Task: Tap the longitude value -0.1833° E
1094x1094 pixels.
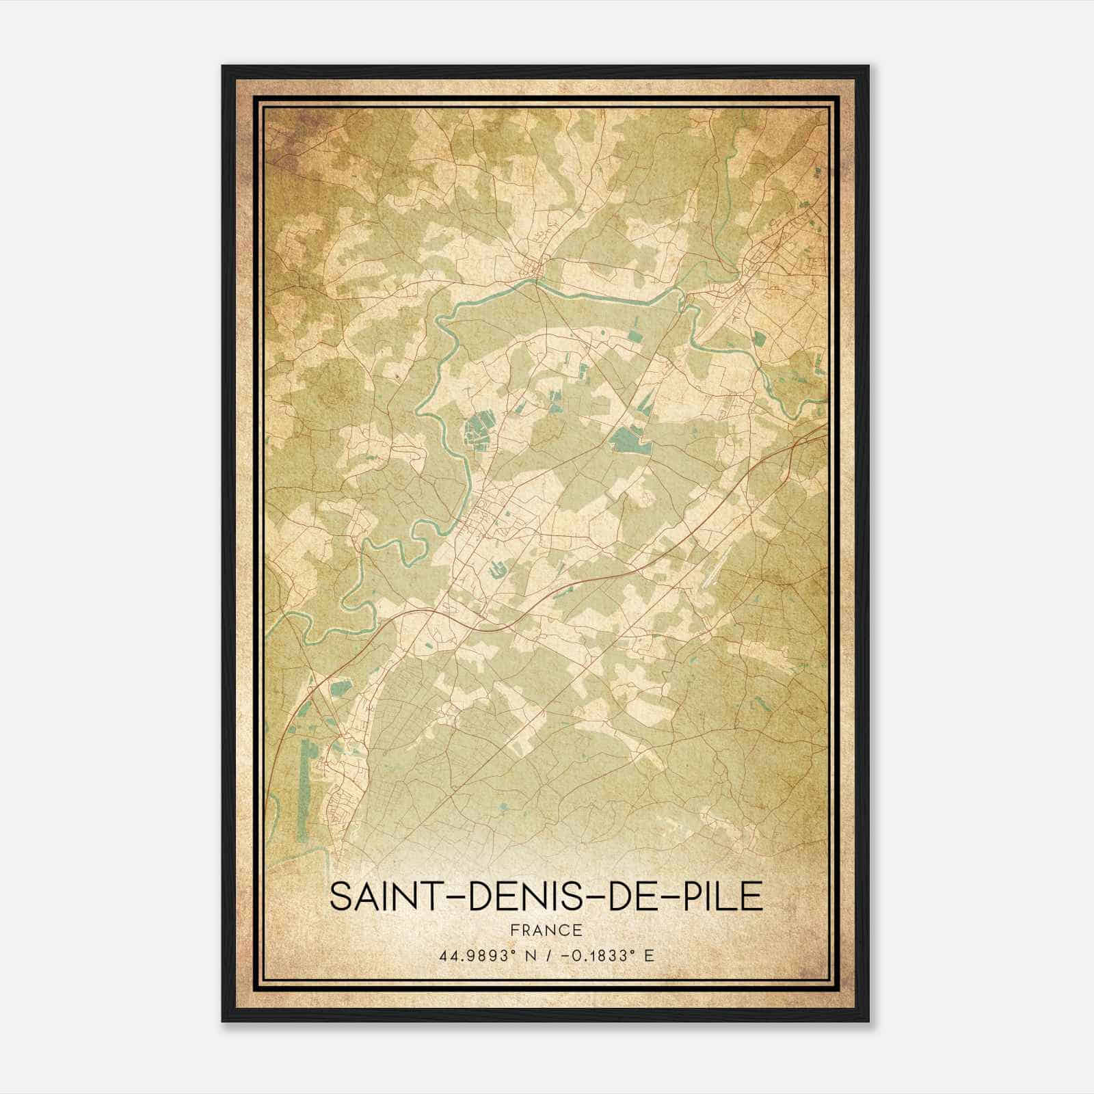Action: point(606,956)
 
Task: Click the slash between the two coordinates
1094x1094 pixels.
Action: point(547,956)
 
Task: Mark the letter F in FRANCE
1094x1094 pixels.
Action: point(514,931)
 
